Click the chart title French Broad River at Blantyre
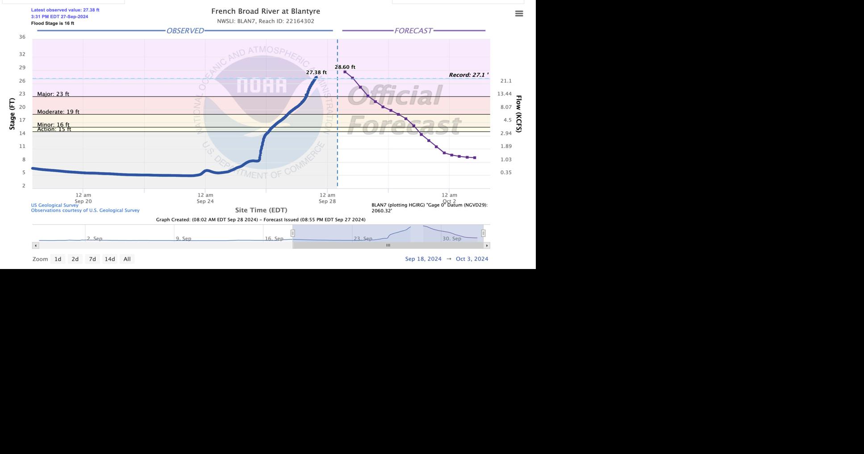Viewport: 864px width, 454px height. tap(265, 11)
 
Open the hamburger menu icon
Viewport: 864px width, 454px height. tap(519, 14)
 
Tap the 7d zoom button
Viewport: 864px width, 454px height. tap(92, 259)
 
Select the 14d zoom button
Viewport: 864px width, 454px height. tap(109, 259)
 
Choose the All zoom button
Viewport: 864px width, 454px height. tap(127, 259)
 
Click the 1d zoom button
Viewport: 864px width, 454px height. tap(58, 259)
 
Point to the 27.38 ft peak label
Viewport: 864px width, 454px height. tap(316, 72)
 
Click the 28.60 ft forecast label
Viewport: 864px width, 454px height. tap(345, 67)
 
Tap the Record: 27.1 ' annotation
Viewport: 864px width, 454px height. tap(468, 75)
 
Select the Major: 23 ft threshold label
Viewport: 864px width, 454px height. tap(53, 94)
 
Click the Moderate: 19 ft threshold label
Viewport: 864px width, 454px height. tap(58, 112)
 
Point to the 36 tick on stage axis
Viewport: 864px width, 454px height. tap(22, 37)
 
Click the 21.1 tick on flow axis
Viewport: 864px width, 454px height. tap(505, 81)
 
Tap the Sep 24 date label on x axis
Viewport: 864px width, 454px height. tap(205, 201)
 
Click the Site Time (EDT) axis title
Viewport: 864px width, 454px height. tap(261, 210)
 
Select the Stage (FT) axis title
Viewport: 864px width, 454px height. tap(12, 114)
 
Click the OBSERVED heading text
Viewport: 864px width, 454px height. tap(185, 31)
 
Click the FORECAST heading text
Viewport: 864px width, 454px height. tap(413, 31)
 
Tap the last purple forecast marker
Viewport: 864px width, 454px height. tap(475, 158)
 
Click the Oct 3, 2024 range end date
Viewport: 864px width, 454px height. tap(472, 259)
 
